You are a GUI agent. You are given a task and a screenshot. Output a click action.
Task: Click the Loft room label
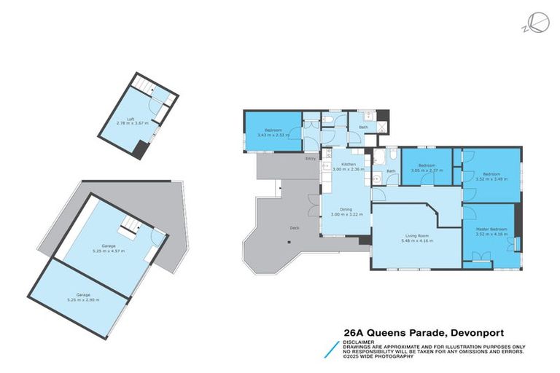131,119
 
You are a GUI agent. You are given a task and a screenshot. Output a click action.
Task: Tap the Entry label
311,158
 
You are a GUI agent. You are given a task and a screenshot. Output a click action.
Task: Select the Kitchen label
347,165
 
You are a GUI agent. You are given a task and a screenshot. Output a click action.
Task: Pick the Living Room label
416,235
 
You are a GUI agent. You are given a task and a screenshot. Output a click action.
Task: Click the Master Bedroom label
489,229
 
